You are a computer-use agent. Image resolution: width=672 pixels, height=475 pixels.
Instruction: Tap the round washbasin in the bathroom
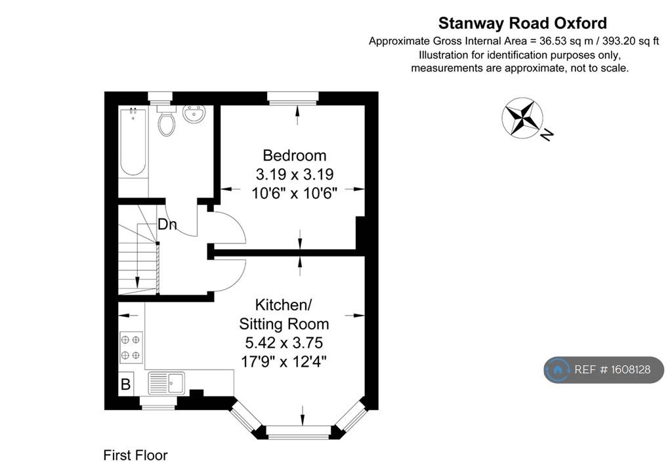[194, 114]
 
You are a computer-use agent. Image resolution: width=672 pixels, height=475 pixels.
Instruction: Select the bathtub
[133, 143]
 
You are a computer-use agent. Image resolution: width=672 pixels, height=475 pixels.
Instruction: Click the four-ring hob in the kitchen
[131, 347]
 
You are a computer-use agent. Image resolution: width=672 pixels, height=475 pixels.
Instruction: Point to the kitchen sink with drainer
[167, 382]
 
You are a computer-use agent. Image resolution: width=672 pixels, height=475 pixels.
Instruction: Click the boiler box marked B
[125, 384]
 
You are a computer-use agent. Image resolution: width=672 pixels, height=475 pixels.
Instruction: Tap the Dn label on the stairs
[167, 224]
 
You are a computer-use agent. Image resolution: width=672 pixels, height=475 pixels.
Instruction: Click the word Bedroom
[295, 155]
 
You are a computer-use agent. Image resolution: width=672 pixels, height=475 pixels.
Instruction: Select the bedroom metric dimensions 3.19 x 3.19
[295, 175]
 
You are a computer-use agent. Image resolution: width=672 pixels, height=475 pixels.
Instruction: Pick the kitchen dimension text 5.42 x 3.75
[283, 342]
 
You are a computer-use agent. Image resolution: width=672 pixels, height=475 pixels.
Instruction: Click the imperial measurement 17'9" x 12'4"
[283, 362]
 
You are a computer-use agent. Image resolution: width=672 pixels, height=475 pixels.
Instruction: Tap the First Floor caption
[135, 455]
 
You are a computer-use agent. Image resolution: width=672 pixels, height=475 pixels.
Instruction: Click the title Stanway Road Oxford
[522, 23]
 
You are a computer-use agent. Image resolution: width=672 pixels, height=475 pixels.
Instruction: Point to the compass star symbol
[522, 118]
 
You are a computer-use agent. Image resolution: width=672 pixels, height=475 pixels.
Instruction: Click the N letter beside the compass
[547, 134]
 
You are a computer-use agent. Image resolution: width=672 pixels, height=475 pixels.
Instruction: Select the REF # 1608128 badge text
[612, 369]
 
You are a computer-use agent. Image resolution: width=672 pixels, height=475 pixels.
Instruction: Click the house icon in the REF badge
[558, 369]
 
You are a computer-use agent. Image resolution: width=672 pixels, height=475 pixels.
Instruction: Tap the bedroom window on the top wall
[293, 98]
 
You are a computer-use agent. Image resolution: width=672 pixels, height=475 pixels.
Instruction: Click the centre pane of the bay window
[299, 432]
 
